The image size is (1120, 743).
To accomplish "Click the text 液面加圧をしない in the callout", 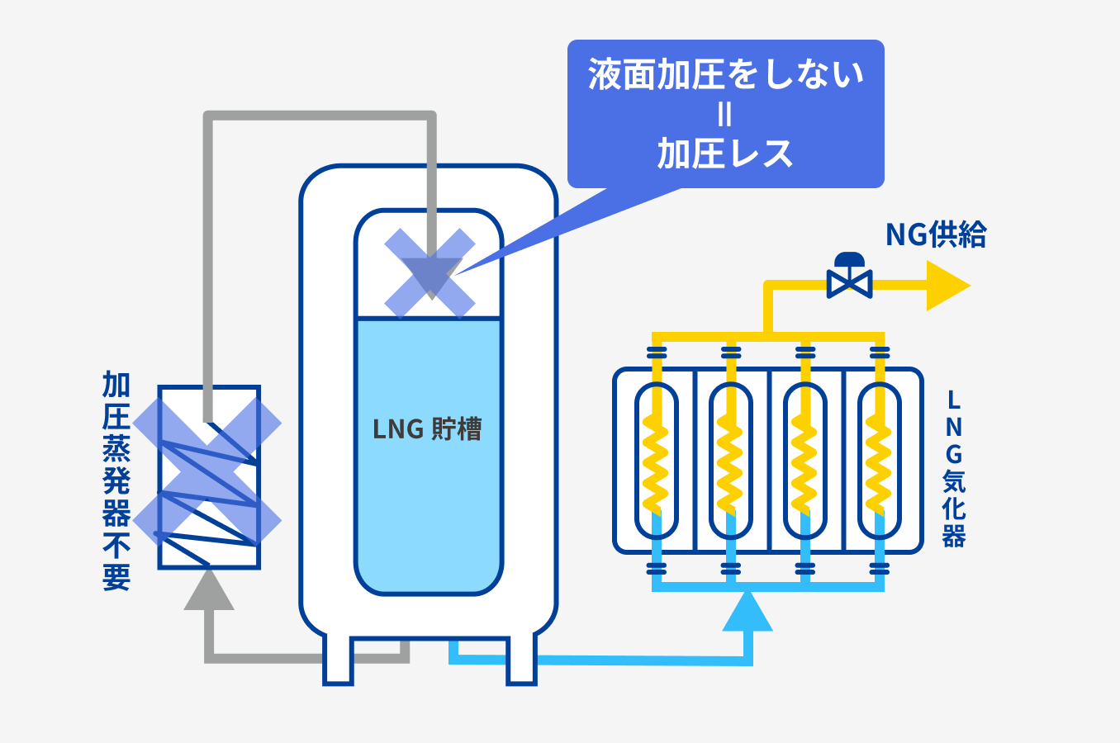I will coord(725,75).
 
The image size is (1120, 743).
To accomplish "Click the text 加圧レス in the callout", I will coord(725,154).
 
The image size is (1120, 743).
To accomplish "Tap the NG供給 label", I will coord(936,235).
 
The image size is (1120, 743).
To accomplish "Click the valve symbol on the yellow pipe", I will coord(849,277).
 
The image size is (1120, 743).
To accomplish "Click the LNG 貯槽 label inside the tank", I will coord(427,429).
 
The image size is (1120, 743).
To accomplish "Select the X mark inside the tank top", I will coord(430,273).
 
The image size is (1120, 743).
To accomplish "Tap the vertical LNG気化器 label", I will coord(954,469).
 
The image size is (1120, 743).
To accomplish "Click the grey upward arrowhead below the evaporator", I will coord(209,592).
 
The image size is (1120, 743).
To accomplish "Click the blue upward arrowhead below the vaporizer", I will coord(747,613).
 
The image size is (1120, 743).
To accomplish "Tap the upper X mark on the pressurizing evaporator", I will coord(207,424).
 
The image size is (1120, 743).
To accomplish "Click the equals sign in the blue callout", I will coord(724,115).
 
